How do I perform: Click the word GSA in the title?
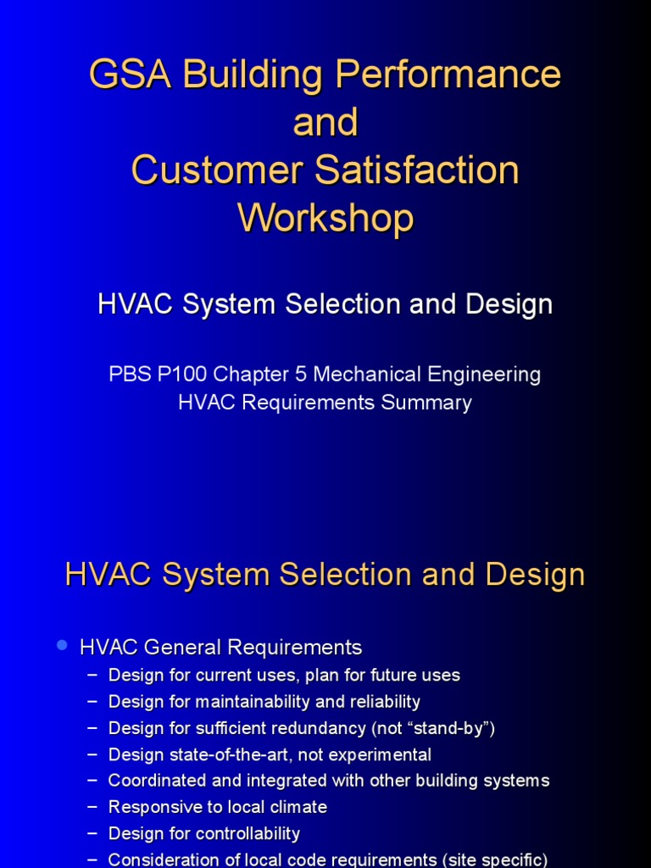point(130,75)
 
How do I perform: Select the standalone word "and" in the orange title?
point(325,122)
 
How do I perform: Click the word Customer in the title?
point(217,170)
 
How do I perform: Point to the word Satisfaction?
point(417,170)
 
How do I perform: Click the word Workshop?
point(325,219)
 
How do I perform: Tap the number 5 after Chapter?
point(301,374)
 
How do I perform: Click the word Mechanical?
point(367,374)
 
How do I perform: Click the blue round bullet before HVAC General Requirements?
point(62,645)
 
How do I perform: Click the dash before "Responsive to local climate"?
point(92,807)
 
